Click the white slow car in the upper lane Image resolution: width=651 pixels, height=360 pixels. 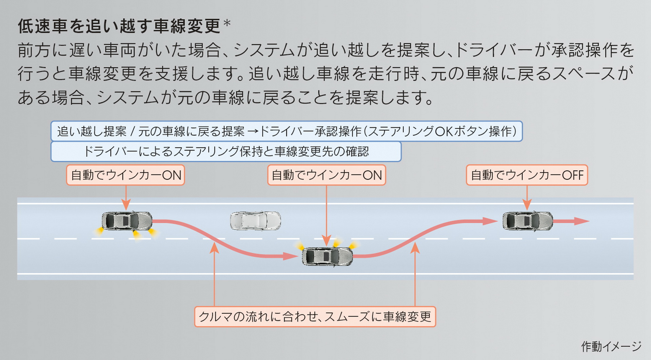coord(255,221)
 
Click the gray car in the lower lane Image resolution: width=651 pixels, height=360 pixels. coord(327,257)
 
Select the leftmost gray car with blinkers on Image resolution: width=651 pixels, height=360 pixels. coord(127,221)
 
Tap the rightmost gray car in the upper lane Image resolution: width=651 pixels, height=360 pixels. coord(527,221)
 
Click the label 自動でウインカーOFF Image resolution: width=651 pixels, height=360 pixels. coord(527,175)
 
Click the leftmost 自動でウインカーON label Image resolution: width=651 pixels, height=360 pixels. coord(125,175)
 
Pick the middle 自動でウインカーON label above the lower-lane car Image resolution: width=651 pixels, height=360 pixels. coord(327,175)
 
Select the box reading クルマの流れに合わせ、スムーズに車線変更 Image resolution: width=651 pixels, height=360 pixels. coord(315,317)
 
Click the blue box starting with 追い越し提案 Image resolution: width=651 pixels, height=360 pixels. coord(287,131)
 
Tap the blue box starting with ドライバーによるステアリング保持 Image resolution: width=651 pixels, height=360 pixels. coord(226,152)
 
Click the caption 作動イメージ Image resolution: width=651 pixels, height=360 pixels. coord(611,346)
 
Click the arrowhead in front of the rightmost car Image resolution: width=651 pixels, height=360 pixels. coord(582,221)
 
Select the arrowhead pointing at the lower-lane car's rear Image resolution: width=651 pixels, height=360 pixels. coord(291,256)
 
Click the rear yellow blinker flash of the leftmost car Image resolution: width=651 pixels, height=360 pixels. coord(99,232)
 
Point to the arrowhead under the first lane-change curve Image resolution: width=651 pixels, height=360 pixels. coord(214,248)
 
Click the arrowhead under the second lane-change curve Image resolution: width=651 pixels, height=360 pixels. coord(415,248)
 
